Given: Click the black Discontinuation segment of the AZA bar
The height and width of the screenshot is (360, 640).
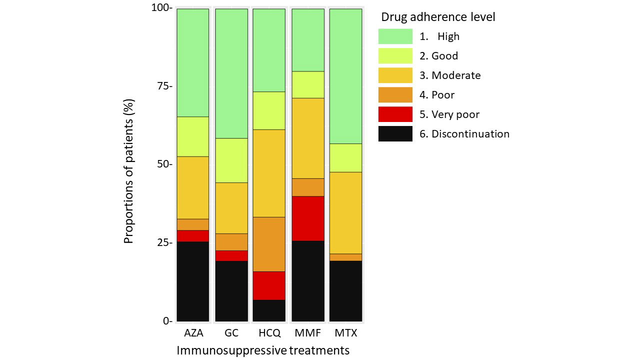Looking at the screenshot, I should click(x=193, y=281).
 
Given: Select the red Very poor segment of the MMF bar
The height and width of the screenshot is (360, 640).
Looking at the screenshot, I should click(x=308, y=218).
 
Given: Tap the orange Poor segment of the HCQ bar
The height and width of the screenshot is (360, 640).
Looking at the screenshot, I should click(x=269, y=244).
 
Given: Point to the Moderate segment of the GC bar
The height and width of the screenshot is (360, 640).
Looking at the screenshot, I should click(x=231, y=208).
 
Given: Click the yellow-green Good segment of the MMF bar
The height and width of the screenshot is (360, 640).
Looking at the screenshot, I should click(x=308, y=84).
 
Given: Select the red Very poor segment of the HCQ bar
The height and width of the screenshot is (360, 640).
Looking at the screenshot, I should click(x=269, y=285).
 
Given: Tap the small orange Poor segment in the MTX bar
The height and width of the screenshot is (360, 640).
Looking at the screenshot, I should click(x=345, y=257).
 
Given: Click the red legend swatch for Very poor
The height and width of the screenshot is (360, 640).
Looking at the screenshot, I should click(x=395, y=114).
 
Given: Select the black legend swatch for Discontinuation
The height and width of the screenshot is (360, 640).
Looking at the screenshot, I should click(x=395, y=133).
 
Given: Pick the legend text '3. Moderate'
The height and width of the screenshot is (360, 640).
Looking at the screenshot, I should click(x=450, y=75).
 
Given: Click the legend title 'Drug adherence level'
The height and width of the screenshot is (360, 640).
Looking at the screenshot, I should click(x=438, y=17).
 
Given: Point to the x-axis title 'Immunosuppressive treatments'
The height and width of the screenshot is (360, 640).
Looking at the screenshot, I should click(x=263, y=350).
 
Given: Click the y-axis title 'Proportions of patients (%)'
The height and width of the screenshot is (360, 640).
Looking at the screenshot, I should click(x=129, y=171).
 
